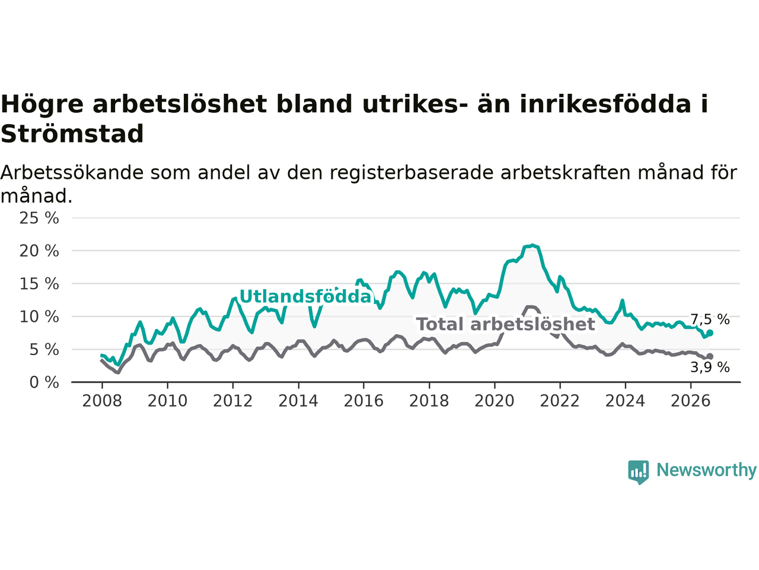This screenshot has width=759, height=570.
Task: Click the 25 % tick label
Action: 39,218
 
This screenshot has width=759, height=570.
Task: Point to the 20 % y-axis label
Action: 39,251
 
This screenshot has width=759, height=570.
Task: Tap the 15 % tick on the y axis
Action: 39,284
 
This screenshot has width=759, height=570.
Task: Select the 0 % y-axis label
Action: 44,382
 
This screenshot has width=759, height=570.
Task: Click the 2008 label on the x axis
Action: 102,401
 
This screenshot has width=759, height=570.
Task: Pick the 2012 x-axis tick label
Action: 232,401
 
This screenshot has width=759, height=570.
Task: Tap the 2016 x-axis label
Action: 363,401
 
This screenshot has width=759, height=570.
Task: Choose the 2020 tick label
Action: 495,401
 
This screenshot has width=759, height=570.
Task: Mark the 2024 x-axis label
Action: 625,401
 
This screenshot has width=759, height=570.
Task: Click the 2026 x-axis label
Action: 691,401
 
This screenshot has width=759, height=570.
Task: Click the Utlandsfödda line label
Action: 305,297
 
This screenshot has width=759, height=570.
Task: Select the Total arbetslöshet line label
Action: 506,324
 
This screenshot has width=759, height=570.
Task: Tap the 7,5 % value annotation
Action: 710,319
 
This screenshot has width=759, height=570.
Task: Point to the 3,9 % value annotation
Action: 710,367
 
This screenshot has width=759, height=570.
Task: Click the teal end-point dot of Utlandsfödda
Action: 710,333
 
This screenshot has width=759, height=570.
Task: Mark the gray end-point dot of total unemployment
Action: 710,356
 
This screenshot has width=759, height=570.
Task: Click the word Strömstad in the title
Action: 72,134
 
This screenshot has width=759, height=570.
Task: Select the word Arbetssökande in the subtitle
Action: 72,172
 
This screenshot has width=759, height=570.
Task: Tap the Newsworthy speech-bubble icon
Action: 638,472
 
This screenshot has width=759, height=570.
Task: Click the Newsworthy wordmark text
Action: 706,470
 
